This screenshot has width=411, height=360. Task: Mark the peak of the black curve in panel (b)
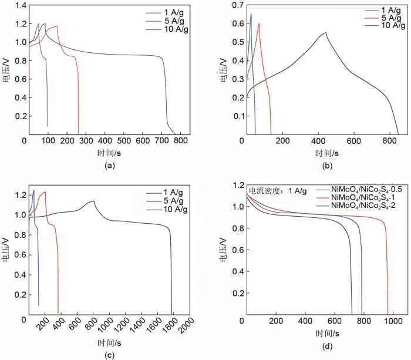click(325, 32)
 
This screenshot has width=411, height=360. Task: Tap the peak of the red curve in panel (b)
click(259, 23)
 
